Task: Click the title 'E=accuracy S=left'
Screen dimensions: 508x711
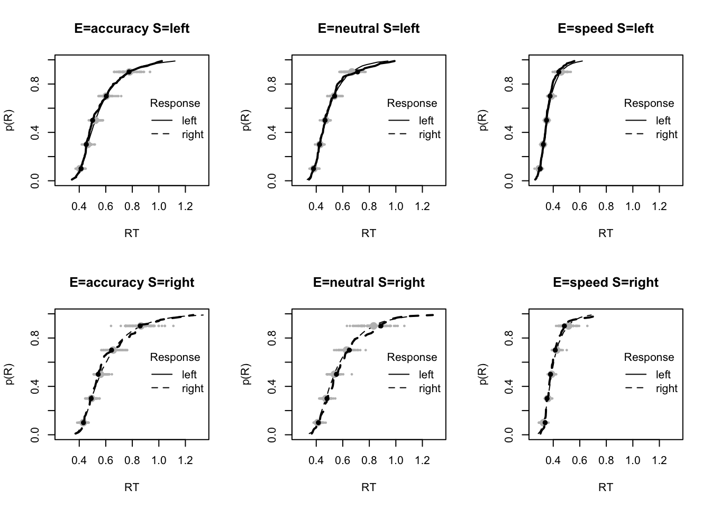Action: [x=132, y=29]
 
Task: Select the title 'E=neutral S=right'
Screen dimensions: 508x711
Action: [x=369, y=283]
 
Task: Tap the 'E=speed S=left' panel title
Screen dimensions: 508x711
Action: [x=606, y=29]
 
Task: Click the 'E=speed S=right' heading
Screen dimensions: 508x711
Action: [x=606, y=283]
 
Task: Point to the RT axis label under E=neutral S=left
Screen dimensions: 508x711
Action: [x=369, y=233]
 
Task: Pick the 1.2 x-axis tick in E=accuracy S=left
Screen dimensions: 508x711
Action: [x=185, y=206]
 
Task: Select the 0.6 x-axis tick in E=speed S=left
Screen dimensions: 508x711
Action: [x=580, y=206]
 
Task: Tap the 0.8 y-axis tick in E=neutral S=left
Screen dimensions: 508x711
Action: [x=272, y=84]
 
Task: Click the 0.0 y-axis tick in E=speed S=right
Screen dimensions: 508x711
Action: [x=509, y=435]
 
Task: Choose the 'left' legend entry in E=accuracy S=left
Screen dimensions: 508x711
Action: [x=189, y=121]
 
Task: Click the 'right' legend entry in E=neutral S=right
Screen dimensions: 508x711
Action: [x=429, y=388]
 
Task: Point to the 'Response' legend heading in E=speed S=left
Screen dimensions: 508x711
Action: [x=649, y=103]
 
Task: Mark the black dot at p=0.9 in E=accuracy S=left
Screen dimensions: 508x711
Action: [x=129, y=72]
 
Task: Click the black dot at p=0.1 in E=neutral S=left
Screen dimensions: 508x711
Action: [x=314, y=169]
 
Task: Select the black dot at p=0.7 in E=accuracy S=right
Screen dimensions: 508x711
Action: [x=112, y=350]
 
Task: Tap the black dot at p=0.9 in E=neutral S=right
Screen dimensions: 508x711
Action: [x=381, y=325]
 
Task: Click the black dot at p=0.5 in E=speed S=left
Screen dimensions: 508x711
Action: [x=546, y=120]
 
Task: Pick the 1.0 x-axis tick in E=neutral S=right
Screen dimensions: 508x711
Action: [x=396, y=460]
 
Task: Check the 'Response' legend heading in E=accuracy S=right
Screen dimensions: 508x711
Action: [x=175, y=357]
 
